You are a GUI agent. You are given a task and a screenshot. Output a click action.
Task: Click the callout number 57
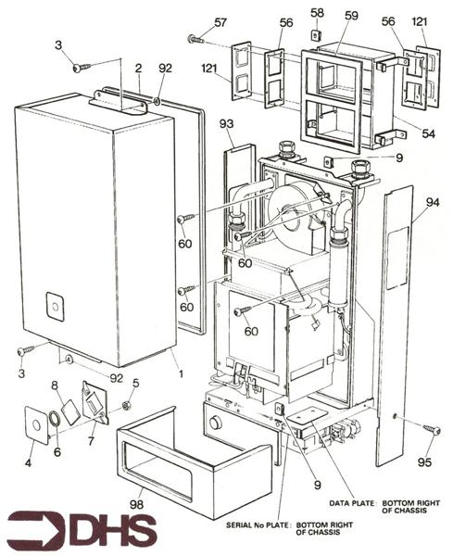point(220,22)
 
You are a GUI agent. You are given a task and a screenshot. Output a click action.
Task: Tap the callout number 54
point(428,134)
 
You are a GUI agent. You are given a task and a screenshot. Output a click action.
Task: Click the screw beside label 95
point(431,428)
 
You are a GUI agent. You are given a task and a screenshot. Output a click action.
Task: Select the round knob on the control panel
point(217,423)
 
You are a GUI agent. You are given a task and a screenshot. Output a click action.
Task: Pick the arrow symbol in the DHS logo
point(31,531)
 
